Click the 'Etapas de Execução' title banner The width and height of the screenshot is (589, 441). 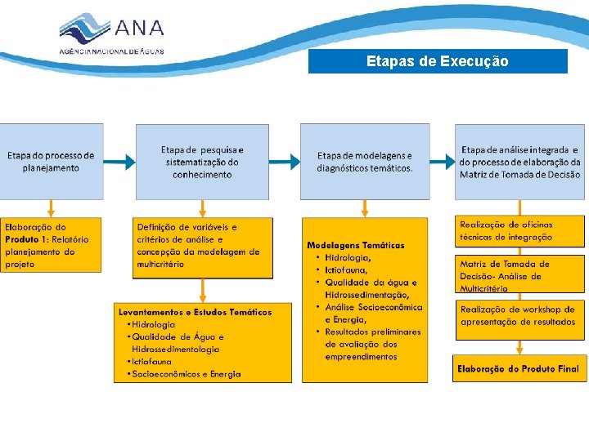point(438,61)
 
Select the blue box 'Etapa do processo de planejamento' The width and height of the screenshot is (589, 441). point(52,161)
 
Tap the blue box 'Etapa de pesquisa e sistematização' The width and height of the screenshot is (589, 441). point(202,162)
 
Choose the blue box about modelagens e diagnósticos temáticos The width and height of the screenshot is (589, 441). point(365,162)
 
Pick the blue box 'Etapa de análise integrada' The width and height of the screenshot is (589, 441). point(520,162)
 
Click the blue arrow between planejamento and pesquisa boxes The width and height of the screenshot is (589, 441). point(119,163)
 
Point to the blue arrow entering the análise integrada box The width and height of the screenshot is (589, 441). point(443,162)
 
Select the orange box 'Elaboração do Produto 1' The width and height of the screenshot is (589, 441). point(51,246)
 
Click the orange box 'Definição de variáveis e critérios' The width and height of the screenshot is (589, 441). point(199,246)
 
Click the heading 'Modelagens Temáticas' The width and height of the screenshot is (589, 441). point(356,245)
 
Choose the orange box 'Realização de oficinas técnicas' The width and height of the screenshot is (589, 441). point(520,231)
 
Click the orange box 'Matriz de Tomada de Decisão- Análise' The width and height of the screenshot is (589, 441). point(520,276)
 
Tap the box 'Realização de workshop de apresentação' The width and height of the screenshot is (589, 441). point(520,316)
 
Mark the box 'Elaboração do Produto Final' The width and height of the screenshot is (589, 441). point(518,369)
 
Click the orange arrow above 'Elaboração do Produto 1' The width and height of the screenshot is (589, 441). point(51,208)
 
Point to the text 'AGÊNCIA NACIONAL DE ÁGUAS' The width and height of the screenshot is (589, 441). point(111,51)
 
